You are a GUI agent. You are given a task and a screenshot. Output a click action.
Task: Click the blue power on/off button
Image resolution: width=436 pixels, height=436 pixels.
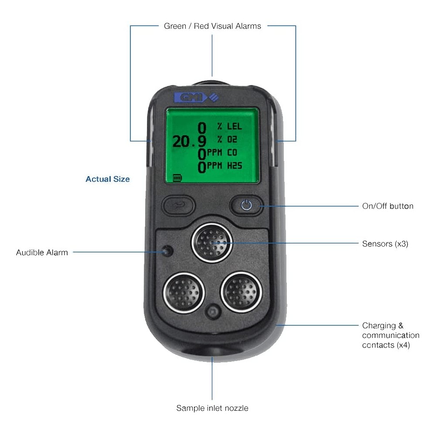tap(247, 204)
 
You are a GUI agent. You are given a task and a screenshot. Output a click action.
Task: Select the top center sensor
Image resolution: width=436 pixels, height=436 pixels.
tap(212, 243)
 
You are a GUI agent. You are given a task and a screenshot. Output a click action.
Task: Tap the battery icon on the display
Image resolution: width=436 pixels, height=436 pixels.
tap(177, 178)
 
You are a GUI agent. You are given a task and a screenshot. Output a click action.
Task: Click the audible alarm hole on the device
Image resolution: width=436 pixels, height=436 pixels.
tap(167, 252)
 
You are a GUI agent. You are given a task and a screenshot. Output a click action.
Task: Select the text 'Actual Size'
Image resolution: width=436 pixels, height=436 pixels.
tap(108, 179)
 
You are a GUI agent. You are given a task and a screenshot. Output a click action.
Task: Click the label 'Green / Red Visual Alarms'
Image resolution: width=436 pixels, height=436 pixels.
tap(212, 26)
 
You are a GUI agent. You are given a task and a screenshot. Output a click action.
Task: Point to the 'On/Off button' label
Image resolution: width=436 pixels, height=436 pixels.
tap(388, 206)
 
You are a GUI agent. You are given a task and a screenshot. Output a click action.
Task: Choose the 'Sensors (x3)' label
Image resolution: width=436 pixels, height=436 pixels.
tap(385, 244)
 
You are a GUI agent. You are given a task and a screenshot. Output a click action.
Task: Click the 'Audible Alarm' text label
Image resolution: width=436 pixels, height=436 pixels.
tap(42, 252)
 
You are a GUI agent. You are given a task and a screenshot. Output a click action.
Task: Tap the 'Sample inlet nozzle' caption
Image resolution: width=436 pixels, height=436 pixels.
tap(212, 408)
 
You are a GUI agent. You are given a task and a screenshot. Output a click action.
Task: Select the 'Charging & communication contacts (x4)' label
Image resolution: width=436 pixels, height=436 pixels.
tap(390, 335)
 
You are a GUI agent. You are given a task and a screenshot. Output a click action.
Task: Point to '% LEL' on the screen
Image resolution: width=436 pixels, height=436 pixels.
tap(229, 127)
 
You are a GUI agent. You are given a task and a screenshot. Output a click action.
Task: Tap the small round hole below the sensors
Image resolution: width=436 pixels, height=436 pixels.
tap(213, 312)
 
